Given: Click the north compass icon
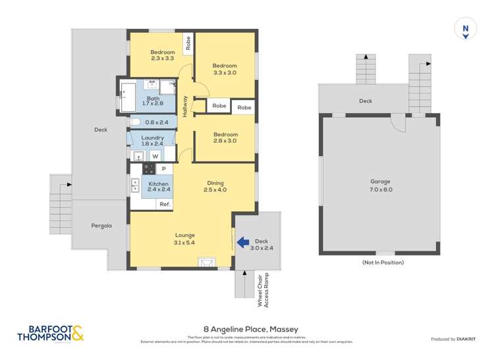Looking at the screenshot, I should pyautogui.click(x=466, y=30).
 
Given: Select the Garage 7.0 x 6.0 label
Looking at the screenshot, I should pyautogui.click(x=380, y=185).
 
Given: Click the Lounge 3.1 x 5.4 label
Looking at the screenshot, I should pyautogui.click(x=184, y=238).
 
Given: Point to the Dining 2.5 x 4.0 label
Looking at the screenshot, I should pyautogui.click(x=215, y=187).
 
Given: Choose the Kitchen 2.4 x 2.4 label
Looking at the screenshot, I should pyautogui.click(x=159, y=186).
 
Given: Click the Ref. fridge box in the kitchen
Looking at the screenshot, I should pyautogui.click(x=165, y=204).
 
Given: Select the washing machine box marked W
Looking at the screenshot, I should pyautogui.click(x=155, y=156).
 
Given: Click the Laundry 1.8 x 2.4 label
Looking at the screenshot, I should pyautogui.click(x=152, y=141).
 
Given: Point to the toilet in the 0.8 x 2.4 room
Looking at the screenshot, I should pyautogui.click(x=135, y=122).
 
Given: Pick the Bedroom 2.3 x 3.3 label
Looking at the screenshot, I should pyautogui.click(x=162, y=55).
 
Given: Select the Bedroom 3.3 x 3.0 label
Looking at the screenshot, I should pyautogui.click(x=224, y=69).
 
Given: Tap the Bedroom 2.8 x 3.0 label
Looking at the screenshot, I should pyautogui.click(x=225, y=138).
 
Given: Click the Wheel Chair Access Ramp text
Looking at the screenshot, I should pyautogui.click(x=263, y=289).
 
